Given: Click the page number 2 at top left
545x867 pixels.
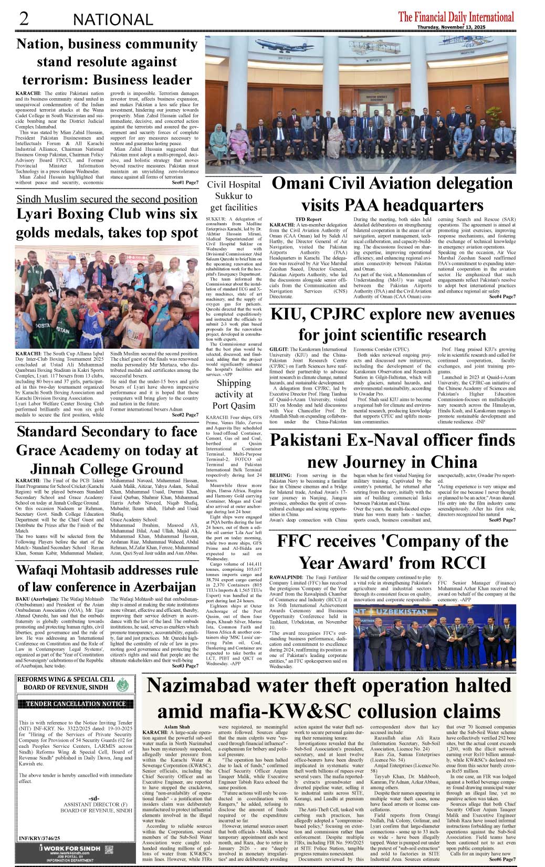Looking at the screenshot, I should pos(23,19).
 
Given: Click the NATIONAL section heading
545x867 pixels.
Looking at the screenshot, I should pos(113,20).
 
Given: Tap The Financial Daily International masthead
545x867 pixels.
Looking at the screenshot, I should pos(456,16).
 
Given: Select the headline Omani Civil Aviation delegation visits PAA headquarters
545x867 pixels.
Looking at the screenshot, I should pos(392,193).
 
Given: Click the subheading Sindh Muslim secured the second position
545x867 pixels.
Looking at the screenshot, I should pos(107,199).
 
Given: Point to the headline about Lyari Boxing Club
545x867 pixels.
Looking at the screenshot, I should pos(107,223).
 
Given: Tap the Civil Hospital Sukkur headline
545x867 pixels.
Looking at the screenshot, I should pos(233,196).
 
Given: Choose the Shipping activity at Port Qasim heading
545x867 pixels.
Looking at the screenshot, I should pos(233,394).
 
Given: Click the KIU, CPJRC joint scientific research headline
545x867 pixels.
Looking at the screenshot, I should pos(392,324).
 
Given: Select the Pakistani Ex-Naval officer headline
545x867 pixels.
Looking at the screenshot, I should pos(392,451).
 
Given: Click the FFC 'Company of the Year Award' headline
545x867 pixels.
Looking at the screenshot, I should pos(392,551).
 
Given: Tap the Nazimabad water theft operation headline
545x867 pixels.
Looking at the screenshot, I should pos(329,698).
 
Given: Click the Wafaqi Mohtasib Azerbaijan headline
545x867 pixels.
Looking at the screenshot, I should pos(107,578).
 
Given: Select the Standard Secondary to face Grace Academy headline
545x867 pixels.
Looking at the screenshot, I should pos(107,450).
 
